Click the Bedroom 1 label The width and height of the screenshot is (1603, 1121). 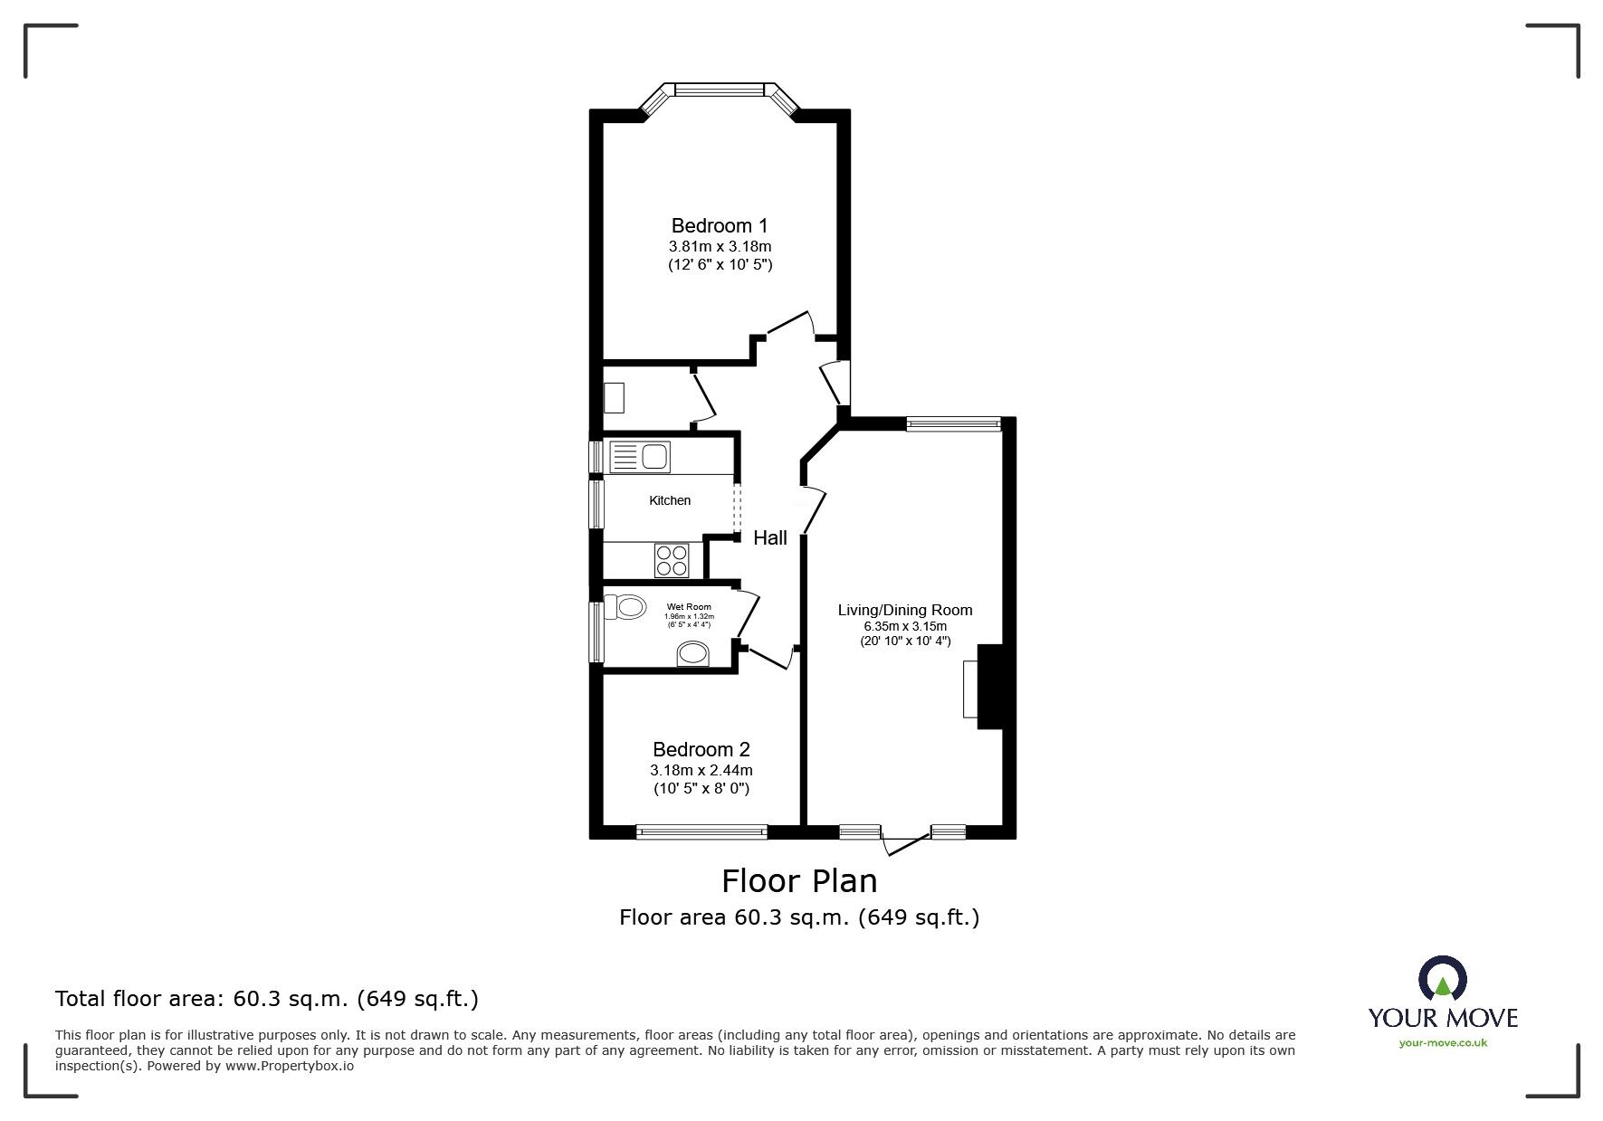click(x=720, y=225)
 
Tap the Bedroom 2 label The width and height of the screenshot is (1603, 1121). click(x=701, y=749)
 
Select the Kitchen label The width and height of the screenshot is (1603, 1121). click(x=670, y=500)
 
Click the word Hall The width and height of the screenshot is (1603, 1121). click(x=770, y=537)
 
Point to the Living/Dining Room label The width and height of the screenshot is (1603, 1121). click(x=905, y=610)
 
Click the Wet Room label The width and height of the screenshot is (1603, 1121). click(x=689, y=607)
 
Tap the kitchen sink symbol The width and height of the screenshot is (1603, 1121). click(x=640, y=457)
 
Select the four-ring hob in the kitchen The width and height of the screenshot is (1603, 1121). click(x=672, y=561)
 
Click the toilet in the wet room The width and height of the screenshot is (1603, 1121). click(x=624, y=606)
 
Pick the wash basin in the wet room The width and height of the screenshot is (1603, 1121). click(x=694, y=653)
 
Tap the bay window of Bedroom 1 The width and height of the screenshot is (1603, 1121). click(x=720, y=90)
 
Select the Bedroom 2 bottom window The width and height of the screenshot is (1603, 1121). click(x=701, y=831)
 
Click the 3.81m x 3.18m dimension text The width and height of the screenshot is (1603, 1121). click(x=720, y=246)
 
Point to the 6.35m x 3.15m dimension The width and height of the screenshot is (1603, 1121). click(x=905, y=626)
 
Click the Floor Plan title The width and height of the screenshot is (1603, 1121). click(x=799, y=880)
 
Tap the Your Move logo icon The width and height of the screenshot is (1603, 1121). click(x=1442, y=980)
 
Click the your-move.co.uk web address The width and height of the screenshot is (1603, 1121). click(x=1443, y=1042)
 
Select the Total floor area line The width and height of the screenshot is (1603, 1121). click(x=267, y=999)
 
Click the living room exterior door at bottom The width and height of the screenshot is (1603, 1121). click(x=905, y=841)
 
